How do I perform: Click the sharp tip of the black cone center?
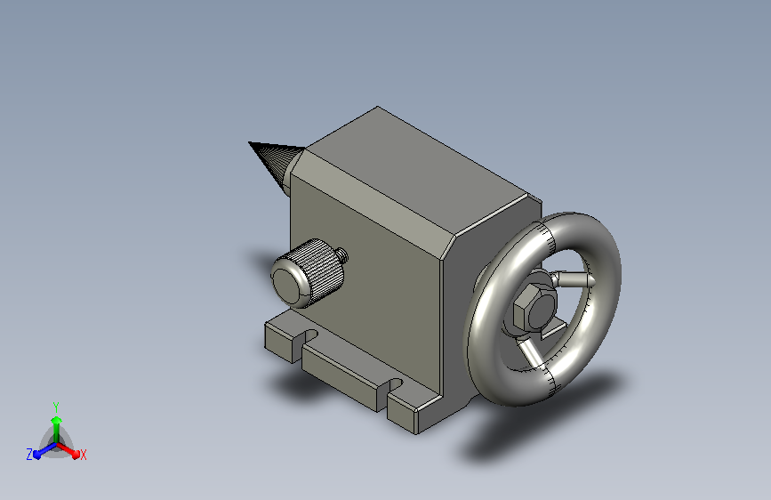249,142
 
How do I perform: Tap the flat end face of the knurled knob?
289,286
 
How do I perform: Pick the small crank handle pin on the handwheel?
573,279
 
